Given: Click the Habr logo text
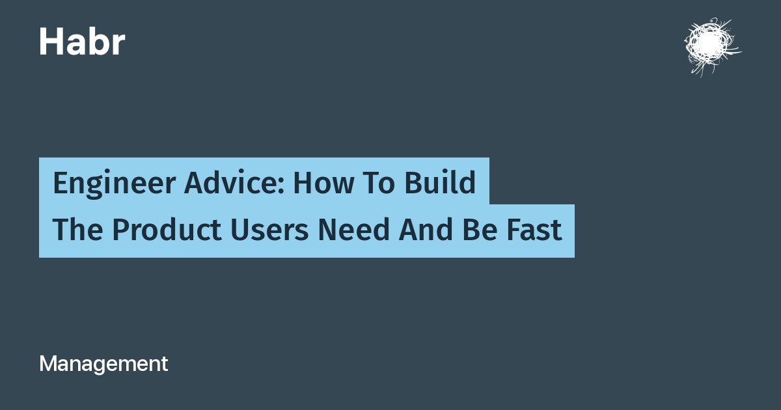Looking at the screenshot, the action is coord(82,42).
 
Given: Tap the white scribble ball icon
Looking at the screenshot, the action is coord(712,47).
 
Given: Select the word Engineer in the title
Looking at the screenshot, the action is coord(114,184).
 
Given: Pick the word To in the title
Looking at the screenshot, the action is coord(379,183).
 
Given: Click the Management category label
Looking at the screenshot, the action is coord(103,364).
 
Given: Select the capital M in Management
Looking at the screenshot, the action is coord(48,364).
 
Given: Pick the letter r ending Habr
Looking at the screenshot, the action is coord(118,45).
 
